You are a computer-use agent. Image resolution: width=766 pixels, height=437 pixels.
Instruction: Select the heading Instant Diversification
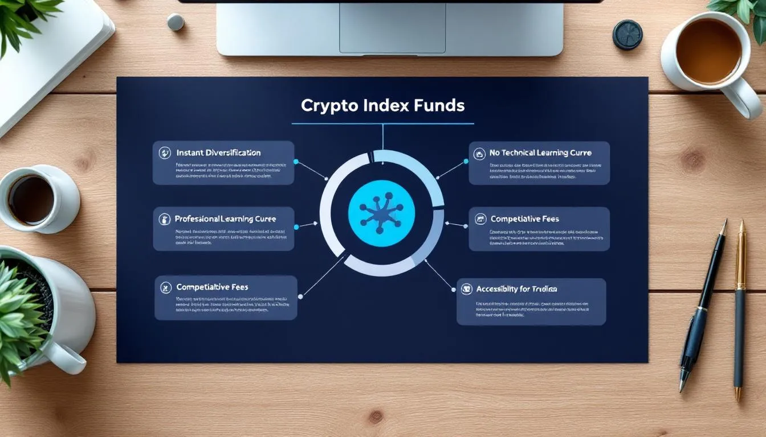coord(218,152)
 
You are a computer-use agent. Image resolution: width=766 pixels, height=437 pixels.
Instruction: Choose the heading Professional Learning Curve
coord(225,218)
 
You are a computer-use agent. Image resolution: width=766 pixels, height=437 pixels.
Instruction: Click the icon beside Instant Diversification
coord(165,152)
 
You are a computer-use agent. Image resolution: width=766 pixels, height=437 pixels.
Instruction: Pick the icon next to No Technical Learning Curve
coord(479,153)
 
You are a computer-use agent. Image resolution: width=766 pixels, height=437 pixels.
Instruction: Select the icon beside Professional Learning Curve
coord(165,219)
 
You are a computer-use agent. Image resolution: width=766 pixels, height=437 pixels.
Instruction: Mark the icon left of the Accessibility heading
coord(466,289)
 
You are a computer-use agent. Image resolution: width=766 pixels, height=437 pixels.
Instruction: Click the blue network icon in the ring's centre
coord(381,213)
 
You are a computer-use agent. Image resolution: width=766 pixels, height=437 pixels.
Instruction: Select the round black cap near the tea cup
coord(628,34)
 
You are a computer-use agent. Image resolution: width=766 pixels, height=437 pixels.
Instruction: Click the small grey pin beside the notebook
coord(176,22)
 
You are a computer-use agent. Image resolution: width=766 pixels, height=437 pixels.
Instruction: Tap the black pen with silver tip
coord(702,307)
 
